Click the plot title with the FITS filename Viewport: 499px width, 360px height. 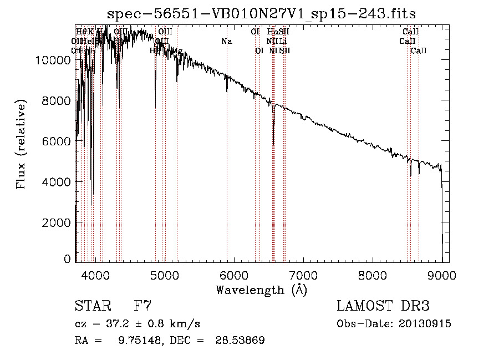(261, 13)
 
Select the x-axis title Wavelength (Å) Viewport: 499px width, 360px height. (261, 290)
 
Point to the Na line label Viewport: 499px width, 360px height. (226, 41)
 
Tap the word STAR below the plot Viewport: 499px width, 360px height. (91, 306)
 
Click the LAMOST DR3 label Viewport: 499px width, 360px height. (383, 306)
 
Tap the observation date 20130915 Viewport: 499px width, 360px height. (424, 324)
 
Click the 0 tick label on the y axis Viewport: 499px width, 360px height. (68, 259)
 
